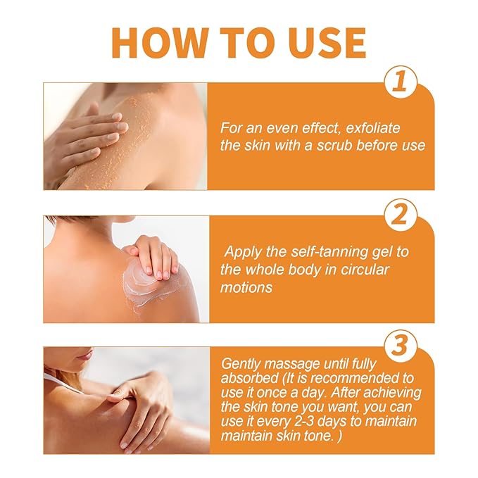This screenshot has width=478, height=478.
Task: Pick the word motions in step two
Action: (248, 288)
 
